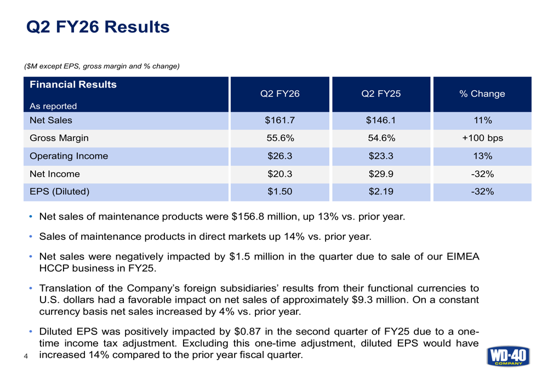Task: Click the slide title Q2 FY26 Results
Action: [98, 26]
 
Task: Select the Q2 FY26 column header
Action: [279, 94]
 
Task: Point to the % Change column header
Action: [482, 94]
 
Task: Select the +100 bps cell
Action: [482, 139]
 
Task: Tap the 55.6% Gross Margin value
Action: [279, 139]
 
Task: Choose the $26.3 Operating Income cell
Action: [279, 156]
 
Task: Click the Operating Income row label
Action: [68, 156]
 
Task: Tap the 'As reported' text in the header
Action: [53, 106]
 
